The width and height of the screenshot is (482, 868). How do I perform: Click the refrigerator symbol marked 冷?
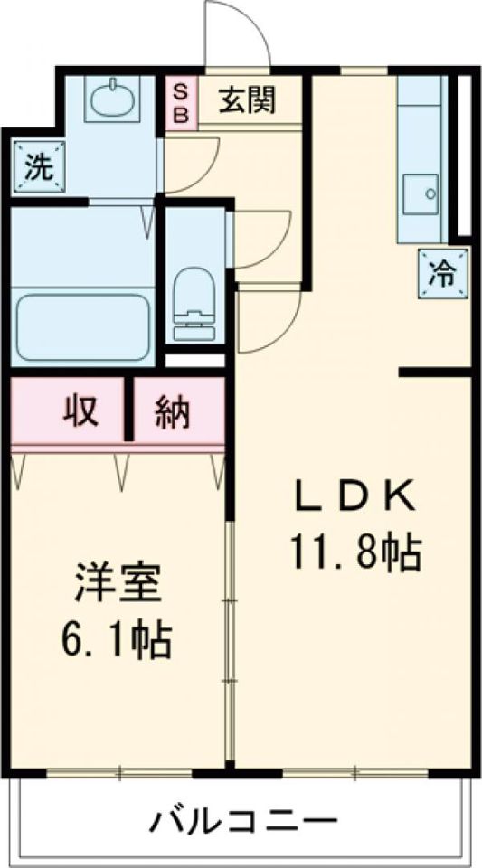(x=443, y=274)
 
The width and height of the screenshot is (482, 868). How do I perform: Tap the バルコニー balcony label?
(x=242, y=822)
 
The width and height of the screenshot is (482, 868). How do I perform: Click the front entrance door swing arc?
(x=237, y=36)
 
